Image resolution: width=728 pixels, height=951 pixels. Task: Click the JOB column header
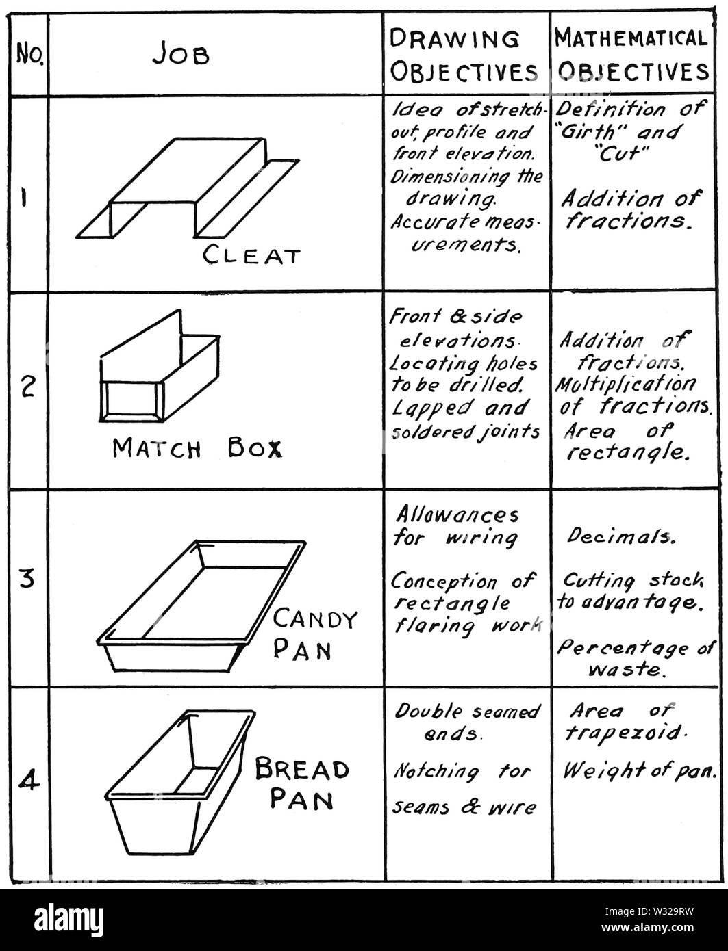[x=181, y=55]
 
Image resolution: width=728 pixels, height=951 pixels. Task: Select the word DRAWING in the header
[x=454, y=39]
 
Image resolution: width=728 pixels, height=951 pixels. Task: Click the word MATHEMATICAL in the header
[x=631, y=38]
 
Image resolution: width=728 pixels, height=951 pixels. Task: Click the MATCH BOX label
[x=198, y=448]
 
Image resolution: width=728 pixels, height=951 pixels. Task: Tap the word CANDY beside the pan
[x=315, y=620]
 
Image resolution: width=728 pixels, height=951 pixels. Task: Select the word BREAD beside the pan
[x=302, y=770]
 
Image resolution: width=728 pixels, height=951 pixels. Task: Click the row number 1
[x=25, y=199]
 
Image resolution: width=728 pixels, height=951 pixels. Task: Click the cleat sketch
[x=188, y=188]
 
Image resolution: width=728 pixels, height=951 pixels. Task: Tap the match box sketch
[x=160, y=365]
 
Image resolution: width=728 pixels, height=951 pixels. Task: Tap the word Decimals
[x=621, y=537]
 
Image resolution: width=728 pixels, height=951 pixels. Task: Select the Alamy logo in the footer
[x=69, y=917]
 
